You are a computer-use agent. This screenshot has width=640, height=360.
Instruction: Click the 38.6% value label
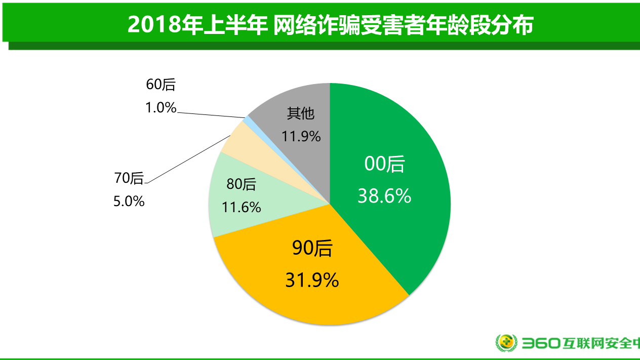click(x=384, y=196)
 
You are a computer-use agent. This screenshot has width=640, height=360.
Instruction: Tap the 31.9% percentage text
click(x=312, y=279)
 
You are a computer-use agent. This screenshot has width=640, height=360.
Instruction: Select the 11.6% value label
click(x=241, y=207)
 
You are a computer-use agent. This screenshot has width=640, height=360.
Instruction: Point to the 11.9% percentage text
click(x=301, y=136)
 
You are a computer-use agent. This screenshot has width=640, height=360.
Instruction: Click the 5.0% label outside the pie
click(x=129, y=202)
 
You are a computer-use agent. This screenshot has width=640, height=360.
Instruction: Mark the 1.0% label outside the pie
click(x=161, y=107)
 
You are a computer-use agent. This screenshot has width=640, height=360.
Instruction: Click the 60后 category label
click(x=161, y=85)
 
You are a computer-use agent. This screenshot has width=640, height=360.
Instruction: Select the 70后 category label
click(x=129, y=178)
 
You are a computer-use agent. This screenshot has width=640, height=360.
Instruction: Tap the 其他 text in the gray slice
click(x=301, y=113)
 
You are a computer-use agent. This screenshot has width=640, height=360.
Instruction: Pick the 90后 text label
click(x=312, y=248)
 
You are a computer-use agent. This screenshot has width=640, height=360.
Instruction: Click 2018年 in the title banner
click(x=154, y=25)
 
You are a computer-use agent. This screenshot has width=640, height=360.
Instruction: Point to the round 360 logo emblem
click(x=505, y=343)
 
